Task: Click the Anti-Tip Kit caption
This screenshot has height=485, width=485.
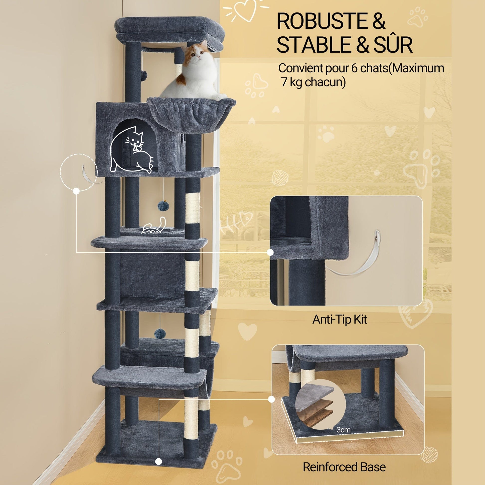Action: [x=340, y=319]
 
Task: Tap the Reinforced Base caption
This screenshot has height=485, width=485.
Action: [x=344, y=460]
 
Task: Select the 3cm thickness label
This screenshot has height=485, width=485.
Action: [x=344, y=429]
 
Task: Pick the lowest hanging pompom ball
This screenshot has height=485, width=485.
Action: [x=159, y=333]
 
